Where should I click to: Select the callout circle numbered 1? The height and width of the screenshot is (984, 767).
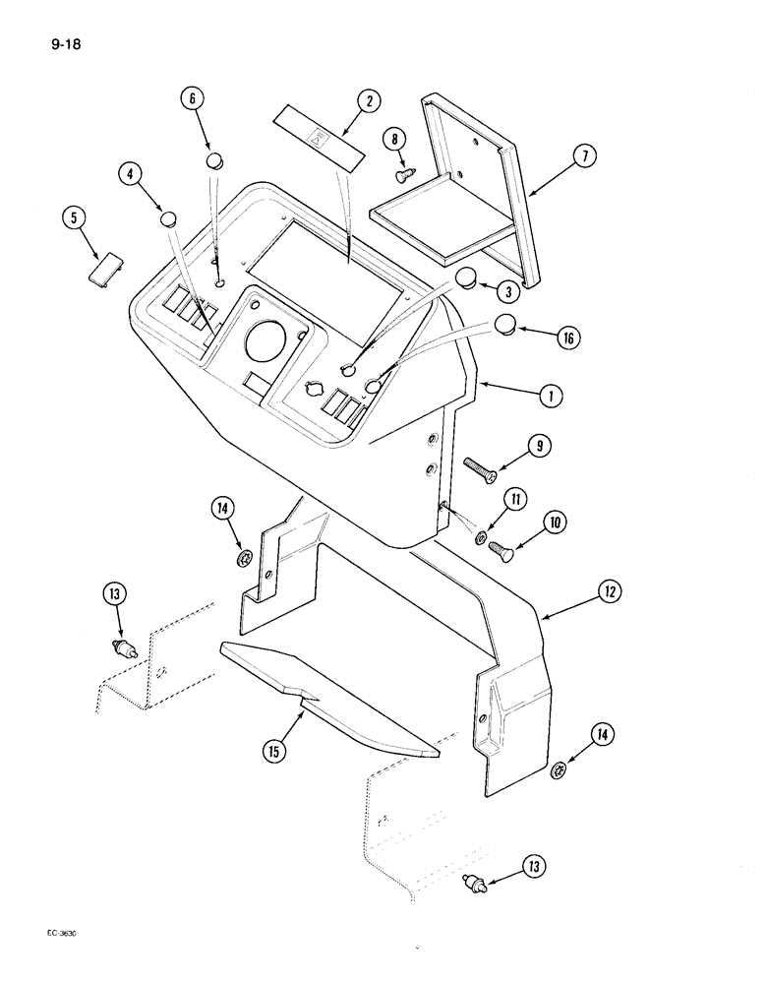point(552,397)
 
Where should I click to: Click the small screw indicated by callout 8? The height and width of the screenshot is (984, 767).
point(402,175)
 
